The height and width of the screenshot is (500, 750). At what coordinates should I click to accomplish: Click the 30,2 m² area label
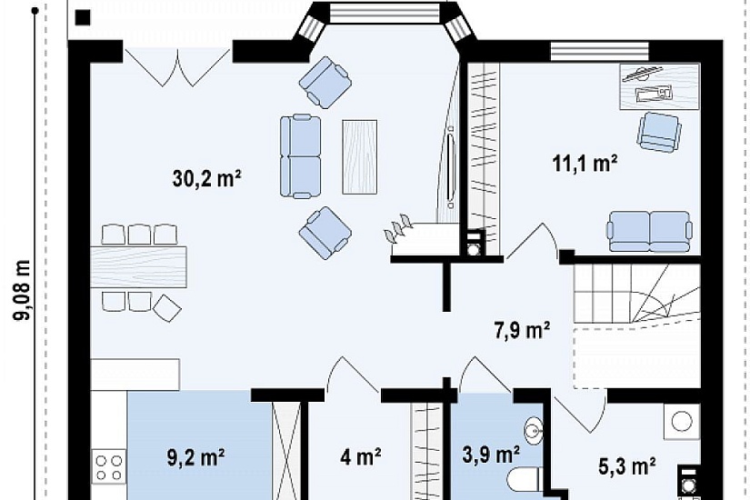click(x=206, y=179)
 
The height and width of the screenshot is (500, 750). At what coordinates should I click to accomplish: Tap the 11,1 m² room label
click(x=585, y=164)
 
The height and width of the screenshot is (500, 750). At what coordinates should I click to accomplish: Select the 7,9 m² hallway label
click(x=522, y=330)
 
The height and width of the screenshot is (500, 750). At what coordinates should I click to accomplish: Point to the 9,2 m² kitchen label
click(x=196, y=457)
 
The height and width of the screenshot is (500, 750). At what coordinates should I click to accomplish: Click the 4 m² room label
click(x=361, y=457)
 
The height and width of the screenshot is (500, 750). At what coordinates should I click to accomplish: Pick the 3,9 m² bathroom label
click(x=491, y=455)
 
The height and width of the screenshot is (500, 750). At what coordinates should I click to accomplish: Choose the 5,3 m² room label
click(x=626, y=465)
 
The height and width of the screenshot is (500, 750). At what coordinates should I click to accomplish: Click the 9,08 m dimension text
click(x=23, y=290)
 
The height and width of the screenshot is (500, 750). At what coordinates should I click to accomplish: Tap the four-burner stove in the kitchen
click(x=108, y=467)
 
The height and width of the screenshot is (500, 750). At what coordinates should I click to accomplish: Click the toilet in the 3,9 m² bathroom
click(x=524, y=478)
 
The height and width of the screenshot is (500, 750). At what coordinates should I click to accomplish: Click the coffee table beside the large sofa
click(x=360, y=157)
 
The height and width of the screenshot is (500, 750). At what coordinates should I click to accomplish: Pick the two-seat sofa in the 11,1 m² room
click(x=650, y=231)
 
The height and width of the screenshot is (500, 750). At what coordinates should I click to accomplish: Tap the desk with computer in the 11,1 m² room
click(x=660, y=86)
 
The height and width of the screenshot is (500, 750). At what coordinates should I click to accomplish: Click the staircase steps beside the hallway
click(x=637, y=294)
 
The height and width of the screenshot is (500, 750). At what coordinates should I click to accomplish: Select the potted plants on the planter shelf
click(x=398, y=228)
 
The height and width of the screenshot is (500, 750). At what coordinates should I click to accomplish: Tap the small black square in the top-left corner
click(x=83, y=17)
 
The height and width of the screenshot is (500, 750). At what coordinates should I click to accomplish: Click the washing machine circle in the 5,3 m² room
click(x=682, y=422)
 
